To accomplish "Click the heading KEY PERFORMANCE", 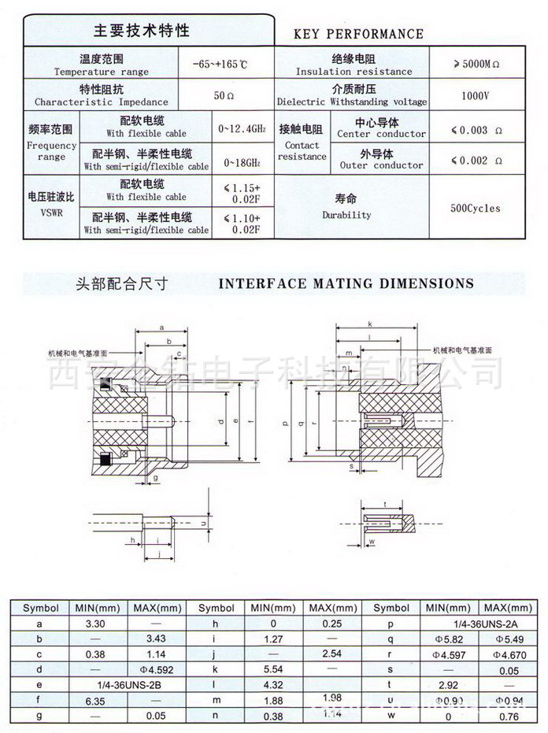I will pyautogui.click(x=358, y=34).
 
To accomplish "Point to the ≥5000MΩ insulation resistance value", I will pyautogui.click(x=478, y=65).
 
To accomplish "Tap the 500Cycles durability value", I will pyautogui.click(x=475, y=209).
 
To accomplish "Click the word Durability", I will pyautogui.click(x=346, y=215).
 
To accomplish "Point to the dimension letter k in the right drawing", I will pyautogui.click(x=369, y=324).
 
